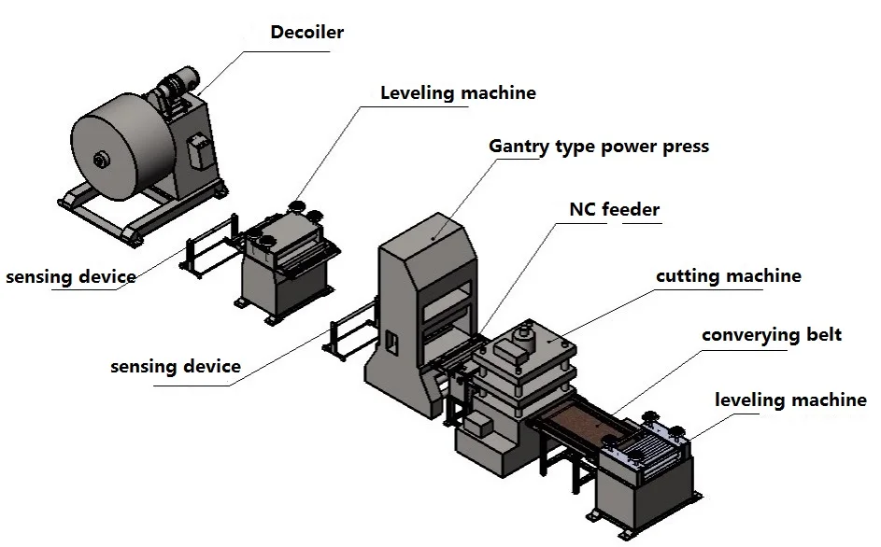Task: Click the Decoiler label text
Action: (306, 32)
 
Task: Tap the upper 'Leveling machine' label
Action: (458, 92)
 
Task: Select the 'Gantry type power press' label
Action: (599, 147)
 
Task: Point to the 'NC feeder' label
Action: (614, 209)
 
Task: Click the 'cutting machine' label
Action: (728, 275)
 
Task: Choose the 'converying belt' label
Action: (772, 335)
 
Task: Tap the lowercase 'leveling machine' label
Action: (790, 400)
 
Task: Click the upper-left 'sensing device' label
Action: (71, 277)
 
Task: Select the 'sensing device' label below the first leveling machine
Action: (176, 367)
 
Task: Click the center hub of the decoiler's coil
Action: (101, 161)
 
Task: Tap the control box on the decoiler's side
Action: (198, 150)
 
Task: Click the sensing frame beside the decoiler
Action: (209, 246)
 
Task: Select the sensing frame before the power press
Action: (350, 330)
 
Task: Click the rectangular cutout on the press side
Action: (392, 344)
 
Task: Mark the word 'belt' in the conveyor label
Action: (824, 335)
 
